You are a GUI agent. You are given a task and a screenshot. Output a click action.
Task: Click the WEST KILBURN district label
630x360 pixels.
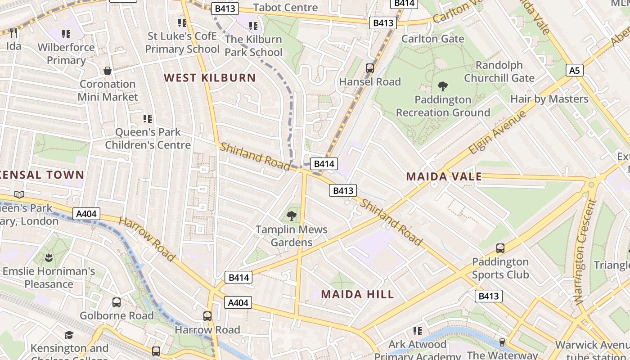click(210, 77)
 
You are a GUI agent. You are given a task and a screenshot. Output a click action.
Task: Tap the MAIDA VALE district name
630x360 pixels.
click(444, 176)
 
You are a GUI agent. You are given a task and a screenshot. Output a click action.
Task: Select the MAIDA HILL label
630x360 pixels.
click(357, 294)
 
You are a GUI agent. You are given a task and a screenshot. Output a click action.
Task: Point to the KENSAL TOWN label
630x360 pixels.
click(42, 175)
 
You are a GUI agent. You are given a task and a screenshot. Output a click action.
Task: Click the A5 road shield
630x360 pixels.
click(574, 70)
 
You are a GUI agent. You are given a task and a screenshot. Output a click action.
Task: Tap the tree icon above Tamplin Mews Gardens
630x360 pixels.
click(292, 216)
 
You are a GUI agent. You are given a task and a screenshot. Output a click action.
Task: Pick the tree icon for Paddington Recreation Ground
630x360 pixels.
click(443, 86)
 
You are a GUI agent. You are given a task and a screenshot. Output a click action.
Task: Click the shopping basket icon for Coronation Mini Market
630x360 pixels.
click(108, 71)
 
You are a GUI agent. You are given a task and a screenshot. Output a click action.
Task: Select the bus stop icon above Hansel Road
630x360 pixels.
click(370, 68)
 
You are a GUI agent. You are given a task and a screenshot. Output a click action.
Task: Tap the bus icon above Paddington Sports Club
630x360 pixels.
click(500, 248)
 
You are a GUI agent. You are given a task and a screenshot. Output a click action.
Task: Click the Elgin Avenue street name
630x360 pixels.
click(497, 132)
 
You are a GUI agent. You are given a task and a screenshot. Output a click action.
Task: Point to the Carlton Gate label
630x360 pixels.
click(432, 39)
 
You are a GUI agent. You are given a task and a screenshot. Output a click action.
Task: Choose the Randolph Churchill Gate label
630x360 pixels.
click(499, 72)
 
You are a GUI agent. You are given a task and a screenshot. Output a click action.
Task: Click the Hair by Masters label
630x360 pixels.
click(549, 99)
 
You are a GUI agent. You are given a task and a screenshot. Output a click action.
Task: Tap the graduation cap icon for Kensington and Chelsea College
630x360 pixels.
click(69, 335)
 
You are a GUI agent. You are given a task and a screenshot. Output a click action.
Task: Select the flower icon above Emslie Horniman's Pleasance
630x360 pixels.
click(49, 258)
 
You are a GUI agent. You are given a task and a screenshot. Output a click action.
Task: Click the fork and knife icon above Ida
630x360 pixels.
click(13, 32)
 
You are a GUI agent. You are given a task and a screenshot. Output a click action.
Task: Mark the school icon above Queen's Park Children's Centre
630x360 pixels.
click(148, 119)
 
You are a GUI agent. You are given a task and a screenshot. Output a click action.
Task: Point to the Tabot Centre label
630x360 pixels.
click(285, 7)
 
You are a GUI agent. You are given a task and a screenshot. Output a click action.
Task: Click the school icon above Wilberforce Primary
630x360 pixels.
click(66, 34)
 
